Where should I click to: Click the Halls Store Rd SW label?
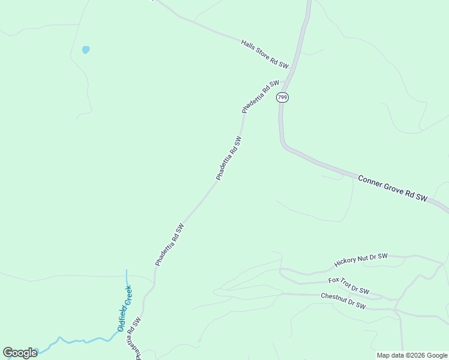click(x=265, y=53)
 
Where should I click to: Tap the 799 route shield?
click(x=283, y=97)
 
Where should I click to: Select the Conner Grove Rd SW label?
click(x=392, y=188)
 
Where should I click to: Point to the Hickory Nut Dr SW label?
click(x=361, y=260)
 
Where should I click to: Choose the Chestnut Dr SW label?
click(x=343, y=301)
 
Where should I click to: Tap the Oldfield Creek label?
click(x=124, y=308)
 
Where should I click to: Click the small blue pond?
click(x=86, y=50)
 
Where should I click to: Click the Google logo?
click(x=20, y=353)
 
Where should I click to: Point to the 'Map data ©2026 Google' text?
click(x=412, y=355)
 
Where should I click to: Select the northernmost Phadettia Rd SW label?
click(x=261, y=97)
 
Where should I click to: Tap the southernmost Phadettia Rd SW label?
click(x=133, y=338)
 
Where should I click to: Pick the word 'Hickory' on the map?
click(x=346, y=262)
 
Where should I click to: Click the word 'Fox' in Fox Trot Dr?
click(x=333, y=281)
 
